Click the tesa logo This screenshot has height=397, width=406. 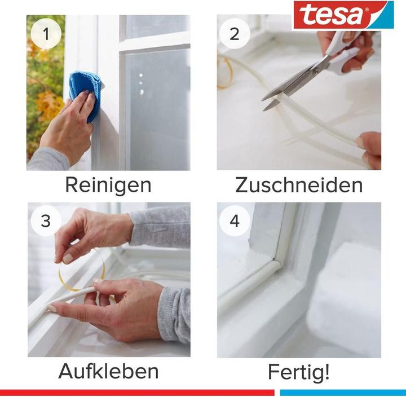coord(342,15)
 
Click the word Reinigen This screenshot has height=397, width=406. coord(108,184)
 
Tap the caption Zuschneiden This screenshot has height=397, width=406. coord(299,184)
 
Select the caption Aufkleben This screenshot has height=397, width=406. coord(108,372)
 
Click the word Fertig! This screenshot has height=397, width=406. coord(299,373)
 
